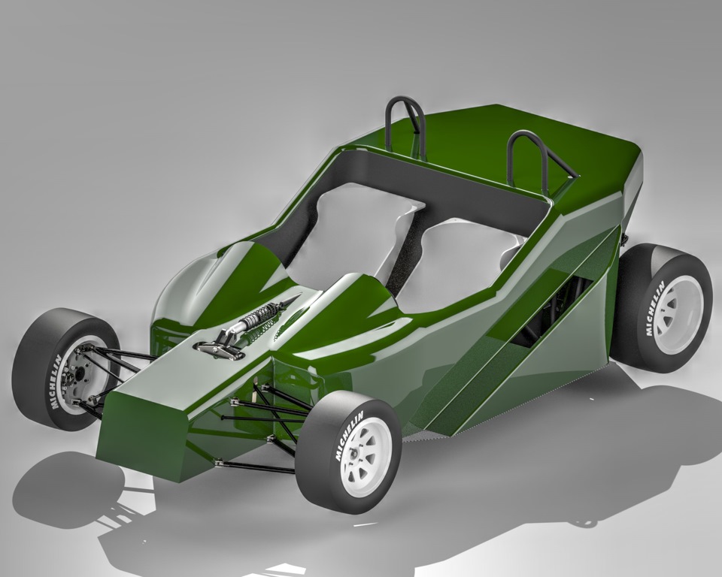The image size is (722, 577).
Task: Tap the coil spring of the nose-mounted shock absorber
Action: coord(258,317)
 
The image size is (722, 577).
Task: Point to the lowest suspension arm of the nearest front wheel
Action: coord(256,467)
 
